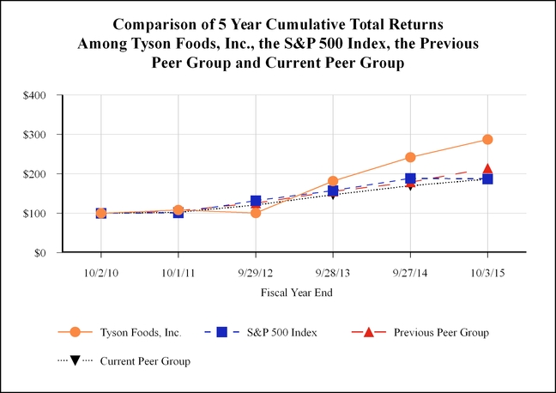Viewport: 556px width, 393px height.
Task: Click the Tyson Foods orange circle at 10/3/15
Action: tap(487, 139)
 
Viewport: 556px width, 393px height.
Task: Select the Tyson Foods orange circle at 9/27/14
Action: tap(410, 157)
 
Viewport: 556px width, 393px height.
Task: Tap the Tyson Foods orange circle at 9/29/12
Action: tap(256, 213)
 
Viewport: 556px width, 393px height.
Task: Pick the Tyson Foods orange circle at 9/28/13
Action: tap(333, 181)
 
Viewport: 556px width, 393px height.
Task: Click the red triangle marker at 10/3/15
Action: tap(487, 169)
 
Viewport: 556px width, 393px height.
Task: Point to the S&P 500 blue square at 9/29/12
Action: tap(256, 201)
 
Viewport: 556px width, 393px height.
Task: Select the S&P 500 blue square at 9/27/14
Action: tap(410, 178)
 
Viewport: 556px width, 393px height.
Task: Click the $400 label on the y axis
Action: tap(34, 95)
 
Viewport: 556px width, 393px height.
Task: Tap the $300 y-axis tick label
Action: tap(34, 135)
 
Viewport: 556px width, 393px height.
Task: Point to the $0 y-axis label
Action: tap(40, 253)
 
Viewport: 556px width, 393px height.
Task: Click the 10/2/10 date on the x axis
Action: tap(101, 273)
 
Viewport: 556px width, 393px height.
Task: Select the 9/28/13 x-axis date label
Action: tap(333, 273)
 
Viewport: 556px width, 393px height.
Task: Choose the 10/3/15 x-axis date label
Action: tap(487, 273)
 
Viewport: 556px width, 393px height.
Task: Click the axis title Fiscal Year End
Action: tap(297, 293)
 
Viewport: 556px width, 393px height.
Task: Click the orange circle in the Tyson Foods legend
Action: tap(75, 332)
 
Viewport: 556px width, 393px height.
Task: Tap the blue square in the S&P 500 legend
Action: tap(221, 332)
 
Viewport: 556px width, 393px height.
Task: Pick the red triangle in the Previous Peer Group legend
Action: tap(369, 332)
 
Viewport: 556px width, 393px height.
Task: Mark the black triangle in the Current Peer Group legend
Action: tap(75, 361)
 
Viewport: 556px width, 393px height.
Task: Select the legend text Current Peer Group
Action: tap(145, 361)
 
